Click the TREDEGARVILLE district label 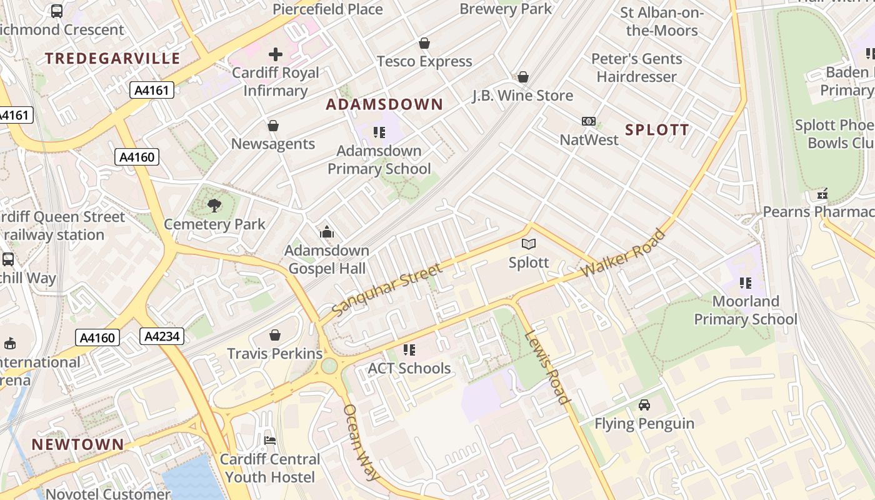(x=112, y=59)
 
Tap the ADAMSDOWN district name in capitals (x=384, y=104)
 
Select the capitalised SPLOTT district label (x=657, y=130)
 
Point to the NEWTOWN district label (x=78, y=445)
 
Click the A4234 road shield (x=162, y=336)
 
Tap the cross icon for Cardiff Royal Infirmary (x=275, y=54)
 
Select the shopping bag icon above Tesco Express (x=424, y=43)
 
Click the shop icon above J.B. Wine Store (x=523, y=77)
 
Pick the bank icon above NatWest (x=589, y=121)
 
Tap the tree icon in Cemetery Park (x=214, y=205)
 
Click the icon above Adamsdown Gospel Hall (x=326, y=232)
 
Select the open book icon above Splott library (x=529, y=244)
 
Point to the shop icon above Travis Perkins (x=274, y=336)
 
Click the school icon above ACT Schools (x=409, y=350)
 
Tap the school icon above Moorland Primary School (x=745, y=283)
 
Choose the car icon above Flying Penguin (x=644, y=405)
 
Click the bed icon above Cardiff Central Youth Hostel (x=270, y=441)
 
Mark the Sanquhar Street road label (x=387, y=290)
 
